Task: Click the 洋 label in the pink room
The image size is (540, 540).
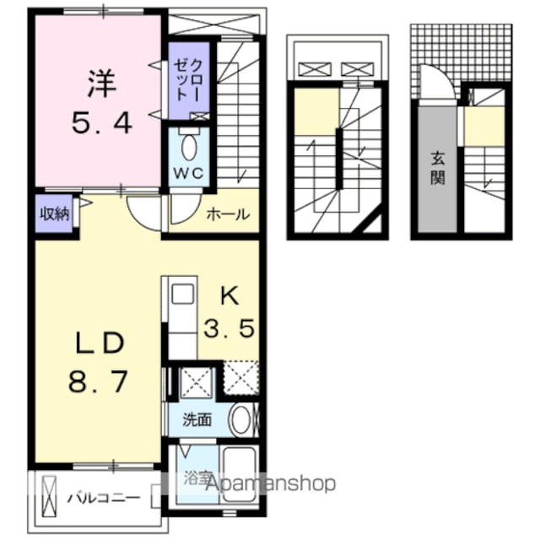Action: point(102,83)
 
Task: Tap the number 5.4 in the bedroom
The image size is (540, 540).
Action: point(102,124)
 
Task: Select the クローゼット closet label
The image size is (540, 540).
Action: point(188,81)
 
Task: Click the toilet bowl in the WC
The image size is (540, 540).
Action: point(188,148)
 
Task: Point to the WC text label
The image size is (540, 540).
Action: point(188,173)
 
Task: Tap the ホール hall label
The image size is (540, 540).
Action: point(228,214)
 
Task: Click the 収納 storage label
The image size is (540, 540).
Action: point(55,214)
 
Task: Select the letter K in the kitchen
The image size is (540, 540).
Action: point(229,296)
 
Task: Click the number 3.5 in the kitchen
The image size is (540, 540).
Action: point(229,328)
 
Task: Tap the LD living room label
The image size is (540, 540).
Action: point(100,343)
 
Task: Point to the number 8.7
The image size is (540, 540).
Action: point(98,381)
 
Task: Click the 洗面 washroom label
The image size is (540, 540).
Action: point(197,420)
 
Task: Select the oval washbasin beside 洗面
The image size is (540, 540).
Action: point(240,419)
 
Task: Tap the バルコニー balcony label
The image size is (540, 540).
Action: point(103,498)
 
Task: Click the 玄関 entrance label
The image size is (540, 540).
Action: point(437,169)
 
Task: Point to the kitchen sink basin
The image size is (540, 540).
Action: point(182,294)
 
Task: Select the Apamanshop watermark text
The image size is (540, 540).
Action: point(271,483)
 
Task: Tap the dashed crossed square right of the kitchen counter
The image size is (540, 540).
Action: point(241,377)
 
